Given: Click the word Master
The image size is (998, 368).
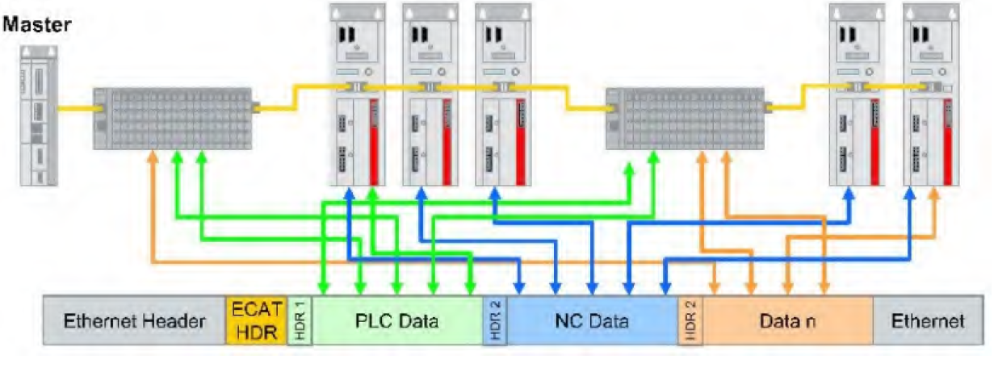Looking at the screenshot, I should pos(36,25).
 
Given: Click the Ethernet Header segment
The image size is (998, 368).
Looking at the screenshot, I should pos(134,321).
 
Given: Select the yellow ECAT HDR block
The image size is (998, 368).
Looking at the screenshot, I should pos(256,321).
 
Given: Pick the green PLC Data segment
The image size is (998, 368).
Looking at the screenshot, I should pos(396,321).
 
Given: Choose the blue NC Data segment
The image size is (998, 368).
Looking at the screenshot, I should pos(592,321).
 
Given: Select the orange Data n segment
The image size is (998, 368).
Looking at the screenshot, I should pos(787,321).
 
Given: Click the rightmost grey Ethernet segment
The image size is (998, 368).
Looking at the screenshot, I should pos(928,321).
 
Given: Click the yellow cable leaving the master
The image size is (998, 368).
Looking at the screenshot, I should pos(77,107).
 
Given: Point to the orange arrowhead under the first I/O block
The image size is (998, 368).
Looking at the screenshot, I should pos(151,159).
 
